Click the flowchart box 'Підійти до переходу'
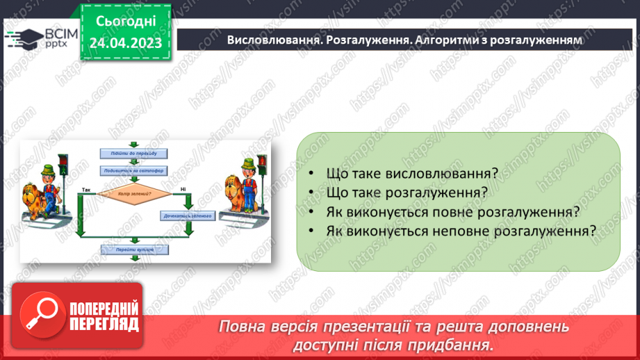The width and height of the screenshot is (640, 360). tap(133, 153)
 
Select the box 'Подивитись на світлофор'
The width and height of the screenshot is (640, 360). tap(133, 170)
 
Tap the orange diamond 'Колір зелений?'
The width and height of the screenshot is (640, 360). tap(134, 194)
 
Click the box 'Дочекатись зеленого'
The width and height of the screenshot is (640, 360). tap(186, 216)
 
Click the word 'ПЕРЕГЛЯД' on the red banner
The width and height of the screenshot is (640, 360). tap(104, 323)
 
